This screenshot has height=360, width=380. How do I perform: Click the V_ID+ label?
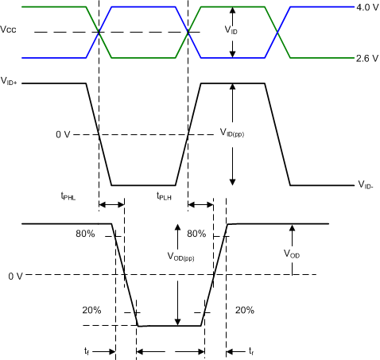(x=10, y=83)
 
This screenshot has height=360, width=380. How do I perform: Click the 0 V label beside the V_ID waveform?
(x=64, y=134)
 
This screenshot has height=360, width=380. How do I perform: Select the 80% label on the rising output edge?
(x=196, y=234)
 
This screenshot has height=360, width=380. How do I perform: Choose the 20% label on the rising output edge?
(x=245, y=310)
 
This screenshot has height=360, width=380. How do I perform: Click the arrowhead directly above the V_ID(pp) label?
(x=232, y=88)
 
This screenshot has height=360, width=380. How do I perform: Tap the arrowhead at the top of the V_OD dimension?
(x=293, y=228)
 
